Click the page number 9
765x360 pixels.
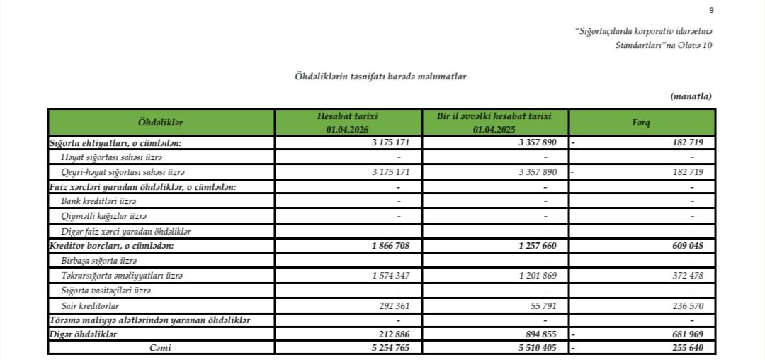[x=711, y=10]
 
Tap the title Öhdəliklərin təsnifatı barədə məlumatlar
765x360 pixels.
[x=380, y=76]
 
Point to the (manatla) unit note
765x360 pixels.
[x=690, y=96]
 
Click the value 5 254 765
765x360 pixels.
[x=391, y=348]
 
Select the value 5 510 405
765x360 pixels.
[x=537, y=348]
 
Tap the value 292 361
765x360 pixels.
[x=393, y=305]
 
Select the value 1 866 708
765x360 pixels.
[x=391, y=245]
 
